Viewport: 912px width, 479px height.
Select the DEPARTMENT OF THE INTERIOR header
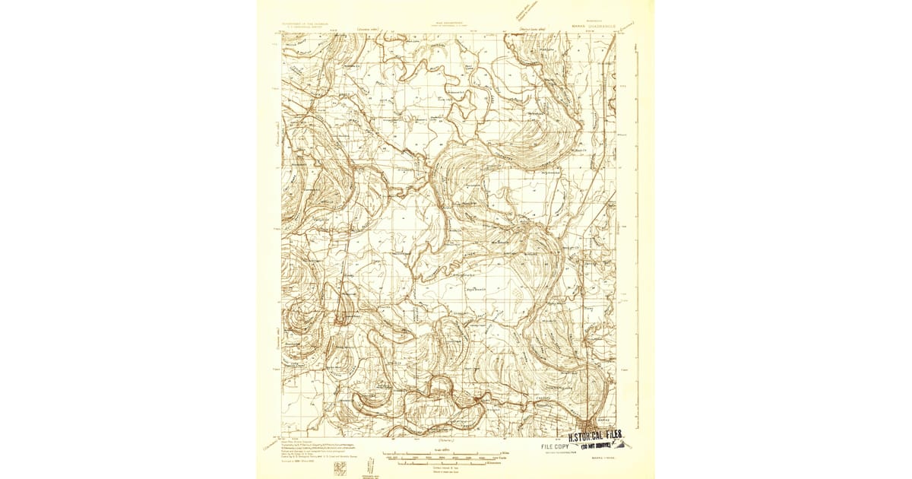pyautogui.click(x=309, y=23)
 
